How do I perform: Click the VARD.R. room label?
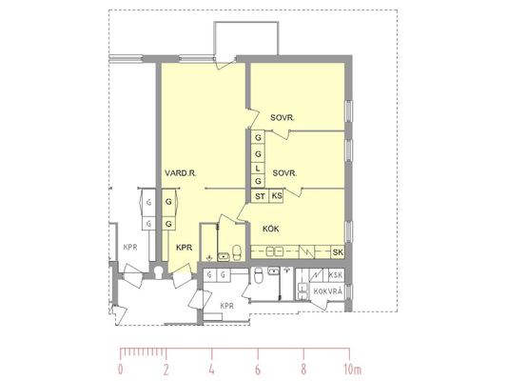click(x=181, y=173)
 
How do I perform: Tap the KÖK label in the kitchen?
click(x=271, y=229)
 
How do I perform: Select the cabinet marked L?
click(x=258, y=169)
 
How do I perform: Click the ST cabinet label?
click(x=260, y=196)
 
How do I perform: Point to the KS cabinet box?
click(x=277, y=196)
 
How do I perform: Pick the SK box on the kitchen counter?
click(x=338, y=252)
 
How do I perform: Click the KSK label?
click(x=336, y=275)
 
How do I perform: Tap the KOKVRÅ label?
click(x=327, y=291)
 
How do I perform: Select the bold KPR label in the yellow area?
click(x=184, y=248)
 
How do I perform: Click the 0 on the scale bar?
click(x=120, y=370)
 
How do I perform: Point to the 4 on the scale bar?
click(x=211, y=370)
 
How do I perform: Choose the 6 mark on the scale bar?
click(x=258, y=370)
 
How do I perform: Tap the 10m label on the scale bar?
click(x=353, y=370)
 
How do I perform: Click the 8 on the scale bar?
click(x=303, y=370)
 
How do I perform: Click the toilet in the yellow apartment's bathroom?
click(x=237, y=252)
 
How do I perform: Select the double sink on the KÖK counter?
click(x=275, y=251)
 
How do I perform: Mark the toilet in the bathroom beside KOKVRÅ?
click(x=259, y=275)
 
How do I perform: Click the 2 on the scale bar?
click(x=166, y=370)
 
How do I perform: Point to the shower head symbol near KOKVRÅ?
click(x=286, y=270)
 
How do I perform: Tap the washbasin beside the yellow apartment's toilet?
click(x=224, y=256)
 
